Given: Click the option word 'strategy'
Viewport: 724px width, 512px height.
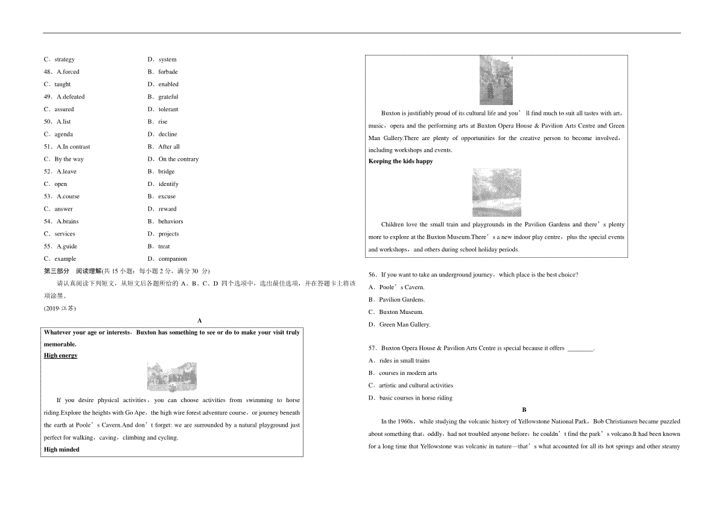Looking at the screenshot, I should pyautogui.click(x=65, y=59).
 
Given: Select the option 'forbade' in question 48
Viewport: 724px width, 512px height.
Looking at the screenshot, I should pyautogui.click(x=168, y=72).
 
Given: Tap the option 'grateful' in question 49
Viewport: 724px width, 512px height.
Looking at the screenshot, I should pyautogui.click(x=168, y=97).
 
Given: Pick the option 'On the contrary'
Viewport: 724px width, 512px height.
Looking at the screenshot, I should pyautogui.click(x=178, y=159).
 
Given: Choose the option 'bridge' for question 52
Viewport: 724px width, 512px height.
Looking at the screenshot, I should pyautogui.click(x=167, y=171).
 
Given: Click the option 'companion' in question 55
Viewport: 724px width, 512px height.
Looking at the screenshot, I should pyautogui.click(x=173, y=259).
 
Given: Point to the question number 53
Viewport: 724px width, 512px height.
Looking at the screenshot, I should pyautogui.click(x=48, y=197).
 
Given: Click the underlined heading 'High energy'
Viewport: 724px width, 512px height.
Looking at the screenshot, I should pyautogui.click(x=61, y=356).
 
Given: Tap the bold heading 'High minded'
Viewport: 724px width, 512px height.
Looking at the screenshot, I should pyautogui.click(x=62, y=449).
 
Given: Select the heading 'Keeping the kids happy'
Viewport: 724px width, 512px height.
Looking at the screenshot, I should pyautogui.click(x=401, y=161).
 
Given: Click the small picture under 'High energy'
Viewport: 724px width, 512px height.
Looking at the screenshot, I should pyautogui.click(x=171, y=377).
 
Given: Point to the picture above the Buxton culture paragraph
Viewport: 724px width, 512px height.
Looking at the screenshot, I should pyautogui.click(x=496, y=80).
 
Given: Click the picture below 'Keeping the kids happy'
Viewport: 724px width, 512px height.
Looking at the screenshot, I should pyautogui.click(x=497, y=193).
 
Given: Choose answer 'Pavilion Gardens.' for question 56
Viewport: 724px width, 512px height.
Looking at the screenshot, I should pyautogui.click(x=402, y=299).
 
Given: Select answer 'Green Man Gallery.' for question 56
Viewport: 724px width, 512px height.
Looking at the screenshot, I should pyautogui.click(x=404, y=325).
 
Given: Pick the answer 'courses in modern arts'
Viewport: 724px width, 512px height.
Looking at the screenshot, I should pyautogui.click(x=408, y=373).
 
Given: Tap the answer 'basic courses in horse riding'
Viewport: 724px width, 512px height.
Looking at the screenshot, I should pyautogui.click(x=416, y=398).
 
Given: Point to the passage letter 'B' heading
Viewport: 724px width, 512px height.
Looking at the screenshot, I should pyautogui.click(x=524, y=409).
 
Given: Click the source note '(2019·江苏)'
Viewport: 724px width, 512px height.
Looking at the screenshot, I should pyautogui.click(x=60, y=309).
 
